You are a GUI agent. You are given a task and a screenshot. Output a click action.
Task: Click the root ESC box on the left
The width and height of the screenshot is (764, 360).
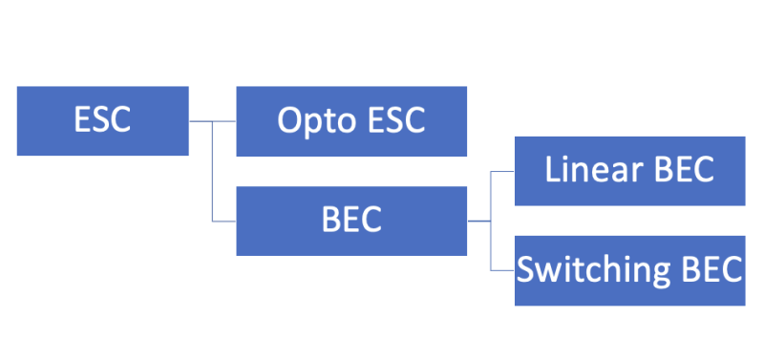[x=102, y=120]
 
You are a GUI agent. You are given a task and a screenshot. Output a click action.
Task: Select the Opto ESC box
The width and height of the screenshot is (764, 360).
[x=351, y=121]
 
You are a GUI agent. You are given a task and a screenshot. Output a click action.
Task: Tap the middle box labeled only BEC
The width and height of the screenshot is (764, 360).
[x=351, y=221]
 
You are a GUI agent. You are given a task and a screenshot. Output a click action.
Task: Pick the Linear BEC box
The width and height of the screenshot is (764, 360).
[x=629, y=171]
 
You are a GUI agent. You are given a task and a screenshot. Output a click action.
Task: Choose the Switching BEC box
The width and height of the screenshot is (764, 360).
[x=629, y=270]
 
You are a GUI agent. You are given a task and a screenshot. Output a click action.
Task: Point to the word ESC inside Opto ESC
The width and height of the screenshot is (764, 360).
[x=392, y=121]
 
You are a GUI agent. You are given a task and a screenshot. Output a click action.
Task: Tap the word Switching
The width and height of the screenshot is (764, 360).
[x=584, y=270]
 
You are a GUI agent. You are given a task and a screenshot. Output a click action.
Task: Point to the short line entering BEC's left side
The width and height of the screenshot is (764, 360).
[x=224, y=221]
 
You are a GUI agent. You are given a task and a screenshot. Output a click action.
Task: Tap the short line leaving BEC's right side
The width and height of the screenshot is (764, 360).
[x=478, y=221]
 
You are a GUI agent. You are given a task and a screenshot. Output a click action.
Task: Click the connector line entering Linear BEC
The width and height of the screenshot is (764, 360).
[x=502, y=171]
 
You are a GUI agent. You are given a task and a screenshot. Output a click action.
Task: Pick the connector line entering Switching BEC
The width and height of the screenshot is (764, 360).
[x=502, y=270]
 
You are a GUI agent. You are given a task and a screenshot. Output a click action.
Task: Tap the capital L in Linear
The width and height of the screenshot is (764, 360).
[x=552, y=170]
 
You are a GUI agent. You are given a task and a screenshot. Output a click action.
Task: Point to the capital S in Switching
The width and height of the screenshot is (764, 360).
[x=525, y=269]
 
